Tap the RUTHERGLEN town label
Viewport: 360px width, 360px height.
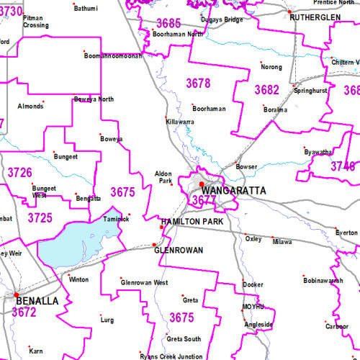coord(314,17)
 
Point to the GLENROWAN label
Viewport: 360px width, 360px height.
coord(179,250)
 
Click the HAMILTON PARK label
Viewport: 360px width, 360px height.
coord(192,222)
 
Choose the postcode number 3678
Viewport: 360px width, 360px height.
coord(198,84)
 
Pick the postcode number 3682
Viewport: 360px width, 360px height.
coord(266,90)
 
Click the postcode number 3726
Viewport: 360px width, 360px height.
coord(19,173)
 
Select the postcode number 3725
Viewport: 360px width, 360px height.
coord(40,217)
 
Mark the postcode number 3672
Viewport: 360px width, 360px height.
coord(24,312)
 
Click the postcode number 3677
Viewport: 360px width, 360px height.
coord(204,199)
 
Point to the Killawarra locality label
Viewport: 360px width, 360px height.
coord(180,122)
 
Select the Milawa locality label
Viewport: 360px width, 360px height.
coord(282,242)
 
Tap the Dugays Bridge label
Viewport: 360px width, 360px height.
coord(222,19)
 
